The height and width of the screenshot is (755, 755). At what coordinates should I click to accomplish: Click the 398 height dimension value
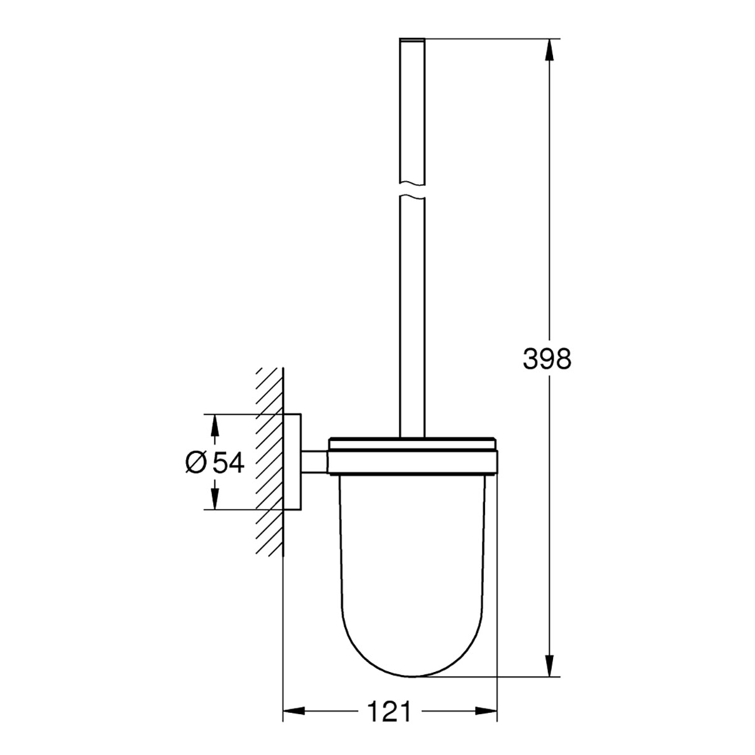pos(547,359)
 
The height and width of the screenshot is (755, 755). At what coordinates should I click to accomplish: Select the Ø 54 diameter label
pos(215,462)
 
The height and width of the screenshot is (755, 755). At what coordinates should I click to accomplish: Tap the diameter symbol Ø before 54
pos(196,462)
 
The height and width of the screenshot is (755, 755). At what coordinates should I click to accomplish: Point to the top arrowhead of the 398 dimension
pos(551,50)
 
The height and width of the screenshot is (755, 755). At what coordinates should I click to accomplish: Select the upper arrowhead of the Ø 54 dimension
pos(215,425)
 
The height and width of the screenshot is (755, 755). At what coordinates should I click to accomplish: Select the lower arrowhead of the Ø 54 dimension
pos(215,498)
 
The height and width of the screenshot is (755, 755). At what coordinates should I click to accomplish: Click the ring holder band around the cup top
pos(413,462)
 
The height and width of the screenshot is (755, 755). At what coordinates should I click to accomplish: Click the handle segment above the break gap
pos(412,113)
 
